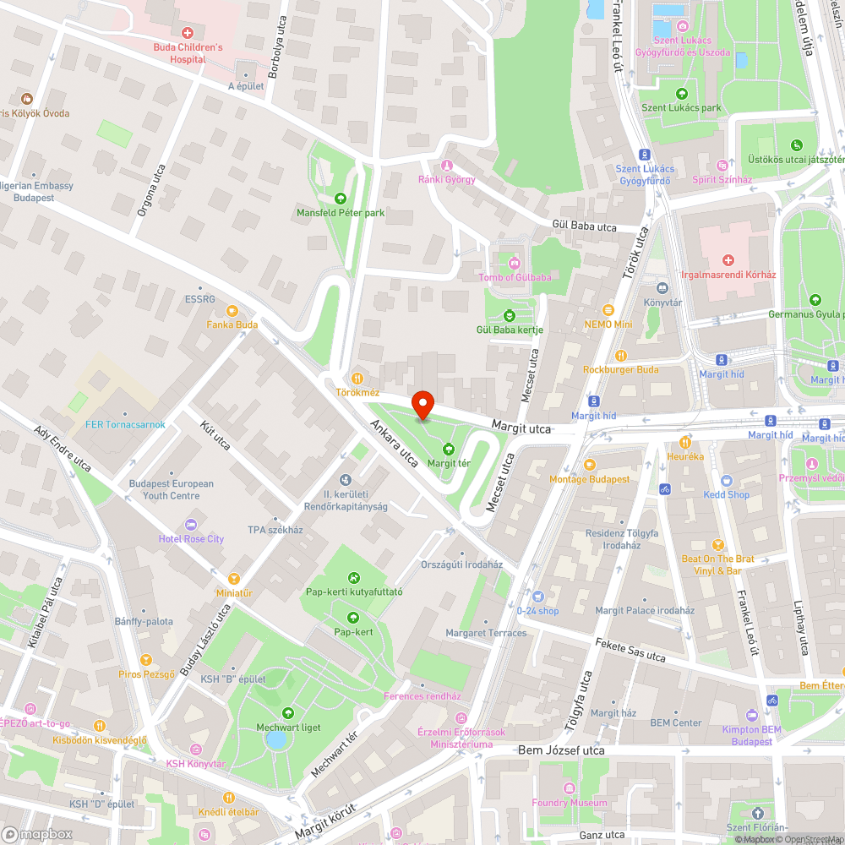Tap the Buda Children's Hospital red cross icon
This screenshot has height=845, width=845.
tap(187, 32)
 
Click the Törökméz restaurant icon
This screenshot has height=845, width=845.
tap(357, 378)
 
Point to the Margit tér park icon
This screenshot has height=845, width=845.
tap(448, 449)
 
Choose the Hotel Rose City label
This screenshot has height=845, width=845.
tap(191, 539)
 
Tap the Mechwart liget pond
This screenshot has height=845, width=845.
tap(275, 740)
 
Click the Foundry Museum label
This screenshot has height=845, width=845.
tap(569, 802)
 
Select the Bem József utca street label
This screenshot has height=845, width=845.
tap(561, 750)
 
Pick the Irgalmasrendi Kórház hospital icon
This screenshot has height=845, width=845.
tap(728, 259)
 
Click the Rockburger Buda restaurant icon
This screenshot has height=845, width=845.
tap(621, 356)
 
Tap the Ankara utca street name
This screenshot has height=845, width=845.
tap(394, 443)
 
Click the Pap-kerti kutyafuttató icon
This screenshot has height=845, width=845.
tap(353, 578)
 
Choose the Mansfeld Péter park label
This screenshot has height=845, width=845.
tap(341, 213)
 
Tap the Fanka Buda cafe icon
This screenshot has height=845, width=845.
tap(232, 310)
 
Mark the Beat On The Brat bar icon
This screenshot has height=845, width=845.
tap(718, 545)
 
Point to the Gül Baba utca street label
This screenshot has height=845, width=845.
tap(583, 226)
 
